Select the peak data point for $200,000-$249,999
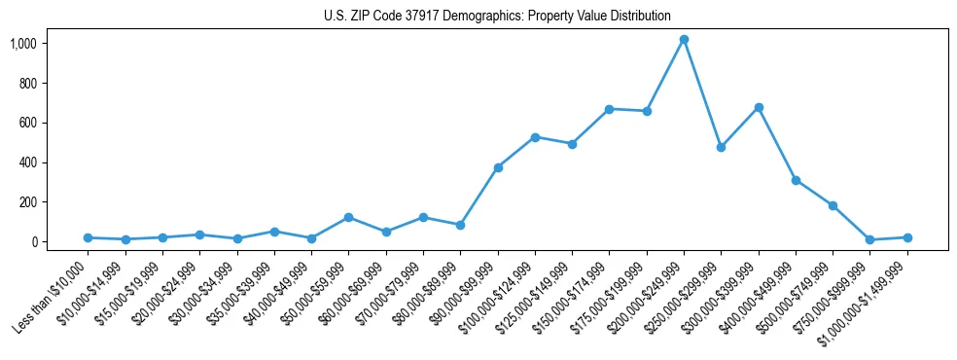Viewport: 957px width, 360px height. [684, 40]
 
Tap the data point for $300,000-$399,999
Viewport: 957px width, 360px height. [759, 107]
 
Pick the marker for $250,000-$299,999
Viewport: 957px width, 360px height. [721, 147]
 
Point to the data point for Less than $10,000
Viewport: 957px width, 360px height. [88, 237]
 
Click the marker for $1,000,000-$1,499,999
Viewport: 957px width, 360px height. [907, 237]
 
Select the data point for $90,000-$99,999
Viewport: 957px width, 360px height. [498, 167]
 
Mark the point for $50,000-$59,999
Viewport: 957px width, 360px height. [348, 217]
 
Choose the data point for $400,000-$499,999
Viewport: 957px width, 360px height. [796, 180]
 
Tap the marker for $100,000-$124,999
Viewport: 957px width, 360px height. [535, 137]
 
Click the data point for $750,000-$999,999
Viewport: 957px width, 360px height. [870, 239]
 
